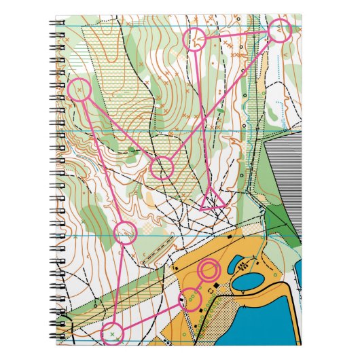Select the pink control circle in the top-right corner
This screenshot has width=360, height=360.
[279, 31]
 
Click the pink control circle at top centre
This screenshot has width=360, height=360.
[196, 40]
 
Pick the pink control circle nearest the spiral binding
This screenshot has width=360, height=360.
[79, 90]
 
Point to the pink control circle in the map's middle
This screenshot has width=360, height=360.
[162, 167]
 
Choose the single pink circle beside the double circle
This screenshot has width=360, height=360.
[190, 298]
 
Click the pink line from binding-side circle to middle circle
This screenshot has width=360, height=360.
[120, 128]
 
